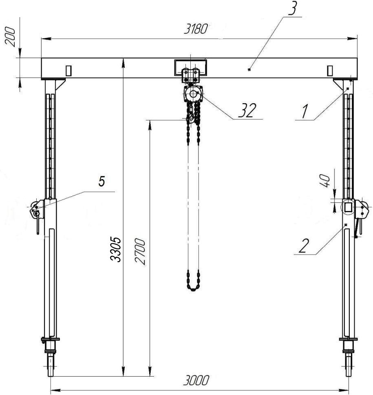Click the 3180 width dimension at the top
[196, 29]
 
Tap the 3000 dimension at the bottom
[196, 380]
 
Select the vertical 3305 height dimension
[116, 249]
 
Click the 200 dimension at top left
[10, 38]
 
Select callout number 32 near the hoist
[247, 110]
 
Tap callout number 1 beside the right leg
[305, 112]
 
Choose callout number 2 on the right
[303, 246]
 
